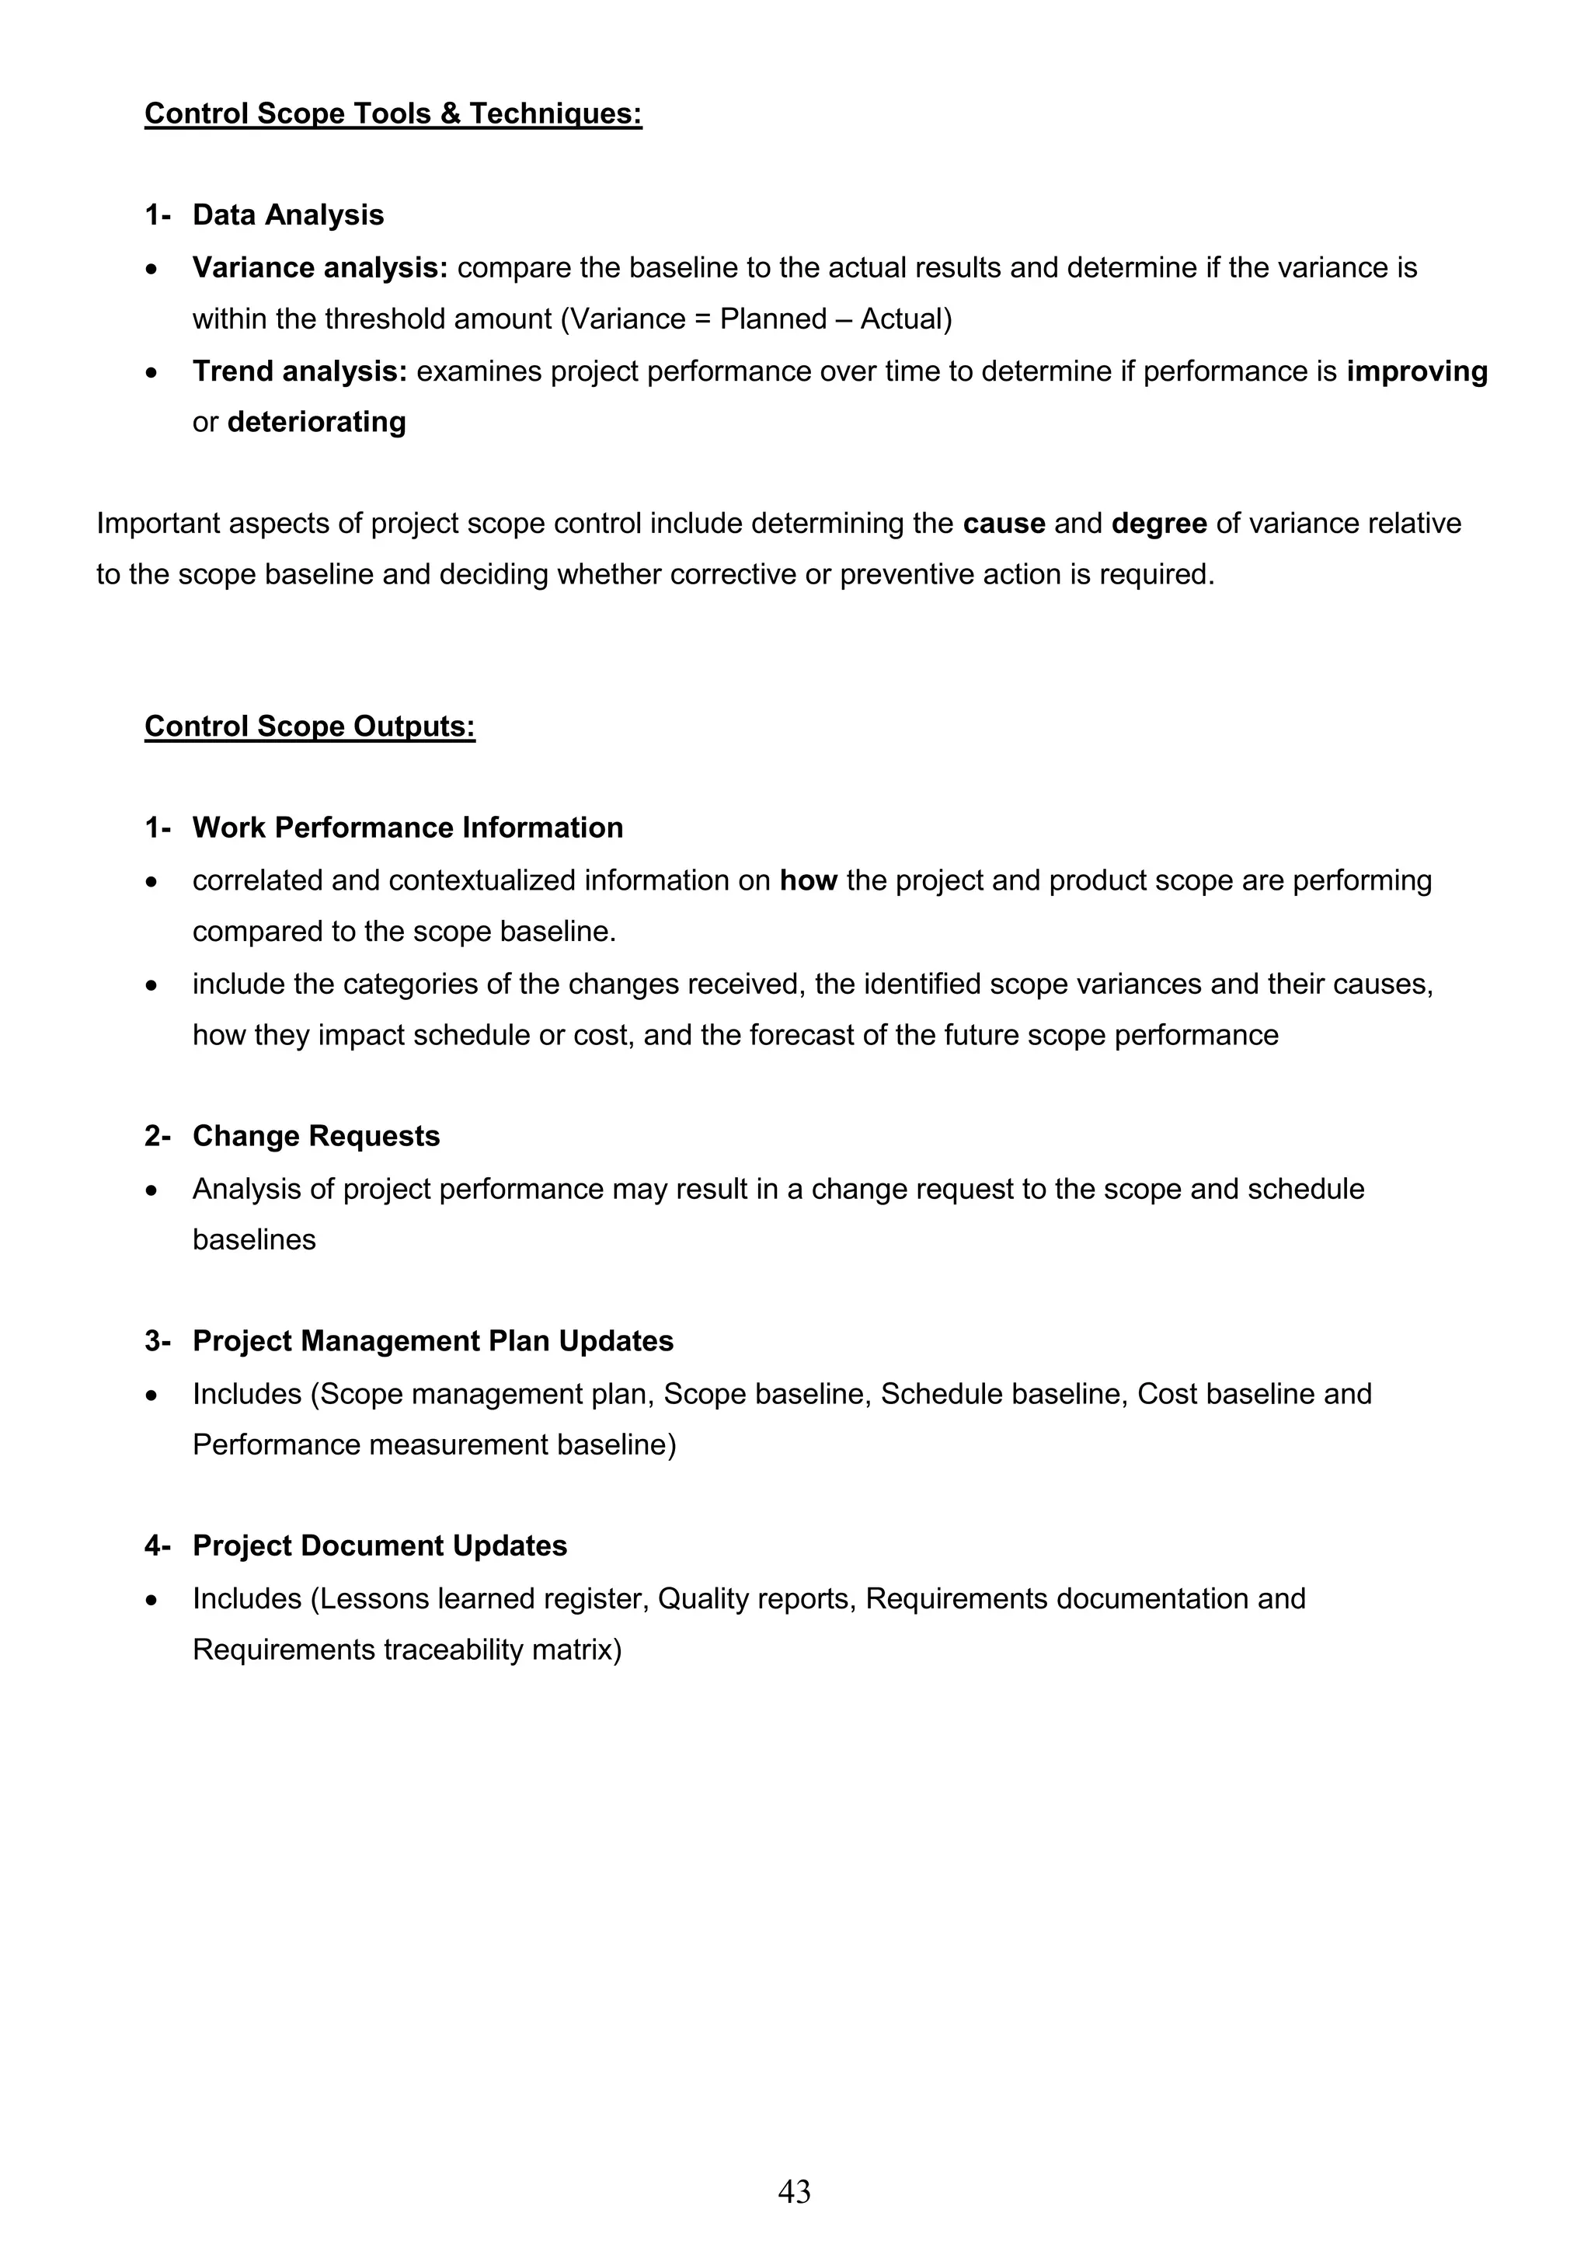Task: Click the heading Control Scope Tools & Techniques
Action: (393, 113)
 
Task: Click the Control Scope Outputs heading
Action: (310, 727)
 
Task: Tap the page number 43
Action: (794, 2190)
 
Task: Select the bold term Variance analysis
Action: (319, 267)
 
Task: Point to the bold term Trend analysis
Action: (299, 371)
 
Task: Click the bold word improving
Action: (1416, 371)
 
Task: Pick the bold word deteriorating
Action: (317, 423)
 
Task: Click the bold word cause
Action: (1004, 524)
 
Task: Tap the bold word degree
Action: (1159, 524)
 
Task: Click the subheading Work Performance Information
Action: (408, 828)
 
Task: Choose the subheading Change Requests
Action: (315, 1136)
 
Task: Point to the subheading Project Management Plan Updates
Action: (432, 1341)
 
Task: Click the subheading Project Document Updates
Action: (379, 1546)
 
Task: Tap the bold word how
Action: (808, 880)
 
